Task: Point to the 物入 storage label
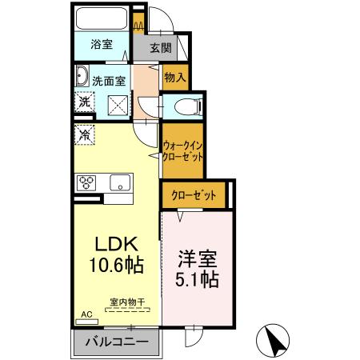[174, 77]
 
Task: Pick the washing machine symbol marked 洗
[84, 102]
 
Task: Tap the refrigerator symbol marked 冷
[84, 134]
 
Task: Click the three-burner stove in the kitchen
[86, 182]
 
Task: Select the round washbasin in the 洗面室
[82, 78]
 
